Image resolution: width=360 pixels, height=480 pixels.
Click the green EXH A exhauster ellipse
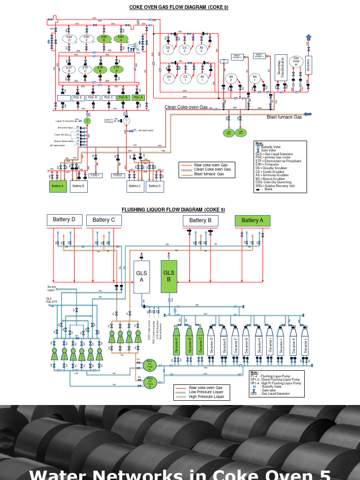(x=121, y=39)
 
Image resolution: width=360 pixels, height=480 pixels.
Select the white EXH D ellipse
(x=69, y=39)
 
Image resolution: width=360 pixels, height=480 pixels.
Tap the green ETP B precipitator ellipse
(x=100, y=69)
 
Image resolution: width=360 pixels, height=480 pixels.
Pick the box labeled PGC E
(x=78, y=97)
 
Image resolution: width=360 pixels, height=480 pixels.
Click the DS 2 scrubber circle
(x=168, y=49)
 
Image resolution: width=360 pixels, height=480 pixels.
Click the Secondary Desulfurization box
(x=280, y=67)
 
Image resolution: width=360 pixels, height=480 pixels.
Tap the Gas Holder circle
(x=296, y=62)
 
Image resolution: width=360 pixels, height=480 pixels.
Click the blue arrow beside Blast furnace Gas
(x=308, y=114)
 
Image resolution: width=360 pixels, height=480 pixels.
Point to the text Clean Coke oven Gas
(x=186, y=107)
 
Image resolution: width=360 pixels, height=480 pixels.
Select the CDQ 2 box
(x=118, y=175)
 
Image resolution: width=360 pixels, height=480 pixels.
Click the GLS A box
(x=142, y=277)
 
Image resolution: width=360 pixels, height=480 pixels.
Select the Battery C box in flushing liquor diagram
(x=104, y=220)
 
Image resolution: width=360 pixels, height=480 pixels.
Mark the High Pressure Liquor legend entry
(x=206, y=397)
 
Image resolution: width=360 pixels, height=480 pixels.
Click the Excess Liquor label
(x=51, y=288)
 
